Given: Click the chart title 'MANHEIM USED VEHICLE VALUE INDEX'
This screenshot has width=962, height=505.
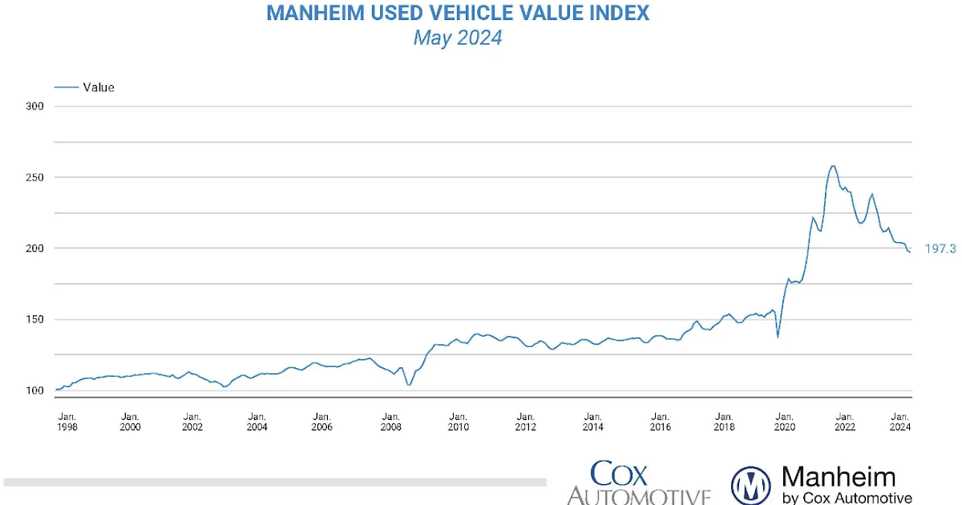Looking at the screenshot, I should tap(458, 14).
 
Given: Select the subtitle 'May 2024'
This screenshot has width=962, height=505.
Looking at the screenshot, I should tap(458, 38).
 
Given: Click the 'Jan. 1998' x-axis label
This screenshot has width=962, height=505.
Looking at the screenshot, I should tap(68, 422).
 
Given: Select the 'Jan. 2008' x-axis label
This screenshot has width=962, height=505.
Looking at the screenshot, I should tap(391, 422).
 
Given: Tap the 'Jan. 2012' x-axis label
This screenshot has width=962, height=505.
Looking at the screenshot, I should tap(526, 422).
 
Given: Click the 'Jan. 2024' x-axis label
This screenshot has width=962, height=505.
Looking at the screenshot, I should tap(901, 422).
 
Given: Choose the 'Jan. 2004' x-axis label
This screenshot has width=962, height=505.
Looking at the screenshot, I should tap(257, 422).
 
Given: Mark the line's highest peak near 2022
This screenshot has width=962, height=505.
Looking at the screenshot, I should tap(833, 166).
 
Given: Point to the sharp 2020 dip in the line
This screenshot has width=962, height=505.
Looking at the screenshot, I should tap(778, 337).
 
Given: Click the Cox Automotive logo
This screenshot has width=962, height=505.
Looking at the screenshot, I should tap(638, 483).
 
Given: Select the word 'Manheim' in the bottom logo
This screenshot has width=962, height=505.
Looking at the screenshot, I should tap(838, 478).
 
